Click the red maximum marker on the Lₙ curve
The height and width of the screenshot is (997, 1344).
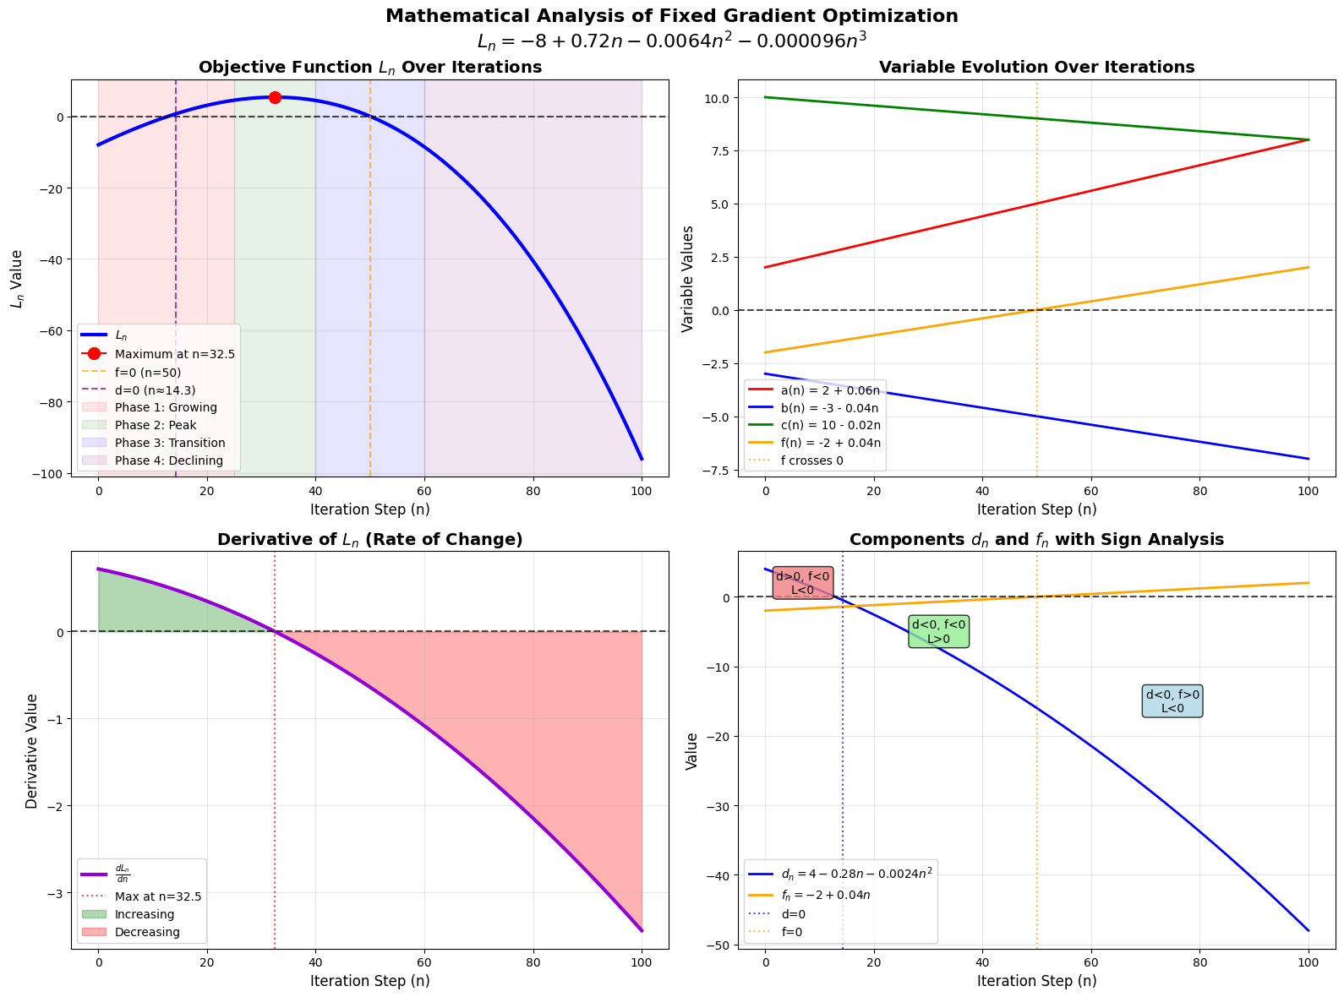point(275,97)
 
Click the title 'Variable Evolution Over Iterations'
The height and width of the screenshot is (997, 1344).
point(1036,68)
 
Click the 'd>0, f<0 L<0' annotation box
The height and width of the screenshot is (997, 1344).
point(802,583)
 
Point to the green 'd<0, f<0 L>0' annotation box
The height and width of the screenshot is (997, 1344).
point(938,632)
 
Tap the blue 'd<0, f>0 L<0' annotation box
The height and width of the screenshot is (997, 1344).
point(1172,701)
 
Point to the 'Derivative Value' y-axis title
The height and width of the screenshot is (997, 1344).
point(32,751)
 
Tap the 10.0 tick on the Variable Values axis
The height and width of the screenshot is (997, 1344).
point(715,98)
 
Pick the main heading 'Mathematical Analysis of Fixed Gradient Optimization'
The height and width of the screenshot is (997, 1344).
point(671,16)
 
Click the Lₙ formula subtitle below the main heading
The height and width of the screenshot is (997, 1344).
point(671,41)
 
